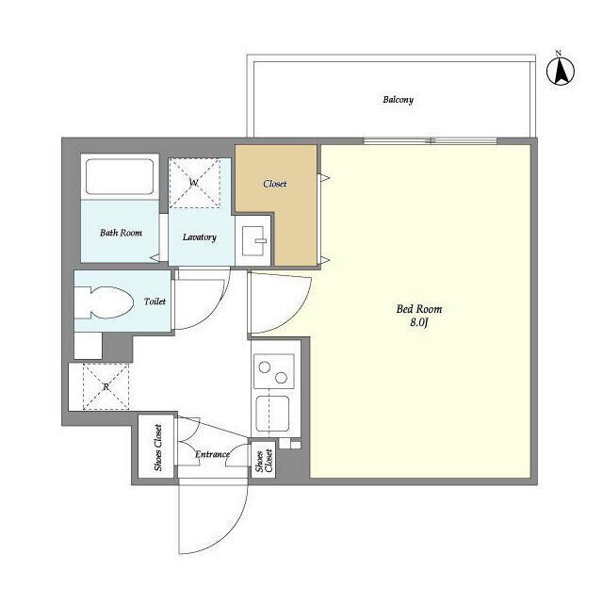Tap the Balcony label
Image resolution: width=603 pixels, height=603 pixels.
[x=398, y=100]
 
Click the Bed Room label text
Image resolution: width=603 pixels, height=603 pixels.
[x=419, y=309]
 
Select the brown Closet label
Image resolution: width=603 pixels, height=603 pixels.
[x=275, y=184]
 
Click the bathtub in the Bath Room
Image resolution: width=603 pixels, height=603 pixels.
[x=119, y=176]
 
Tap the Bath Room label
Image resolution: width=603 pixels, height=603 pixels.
[x=121, y=232]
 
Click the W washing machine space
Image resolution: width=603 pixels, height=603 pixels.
[x=194, y=182]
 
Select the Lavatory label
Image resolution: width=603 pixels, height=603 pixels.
[x=200, y=237]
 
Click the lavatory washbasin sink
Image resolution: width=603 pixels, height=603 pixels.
[x=254, y=241]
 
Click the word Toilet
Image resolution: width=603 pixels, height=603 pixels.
[x=155, y=302]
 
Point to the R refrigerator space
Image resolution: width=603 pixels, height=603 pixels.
[x=106, y=387]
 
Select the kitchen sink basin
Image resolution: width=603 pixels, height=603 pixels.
[x=273, y=413]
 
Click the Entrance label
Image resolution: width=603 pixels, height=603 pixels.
[x=212, y=455]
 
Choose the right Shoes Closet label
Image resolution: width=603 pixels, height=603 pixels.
[x=263, y=460]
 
